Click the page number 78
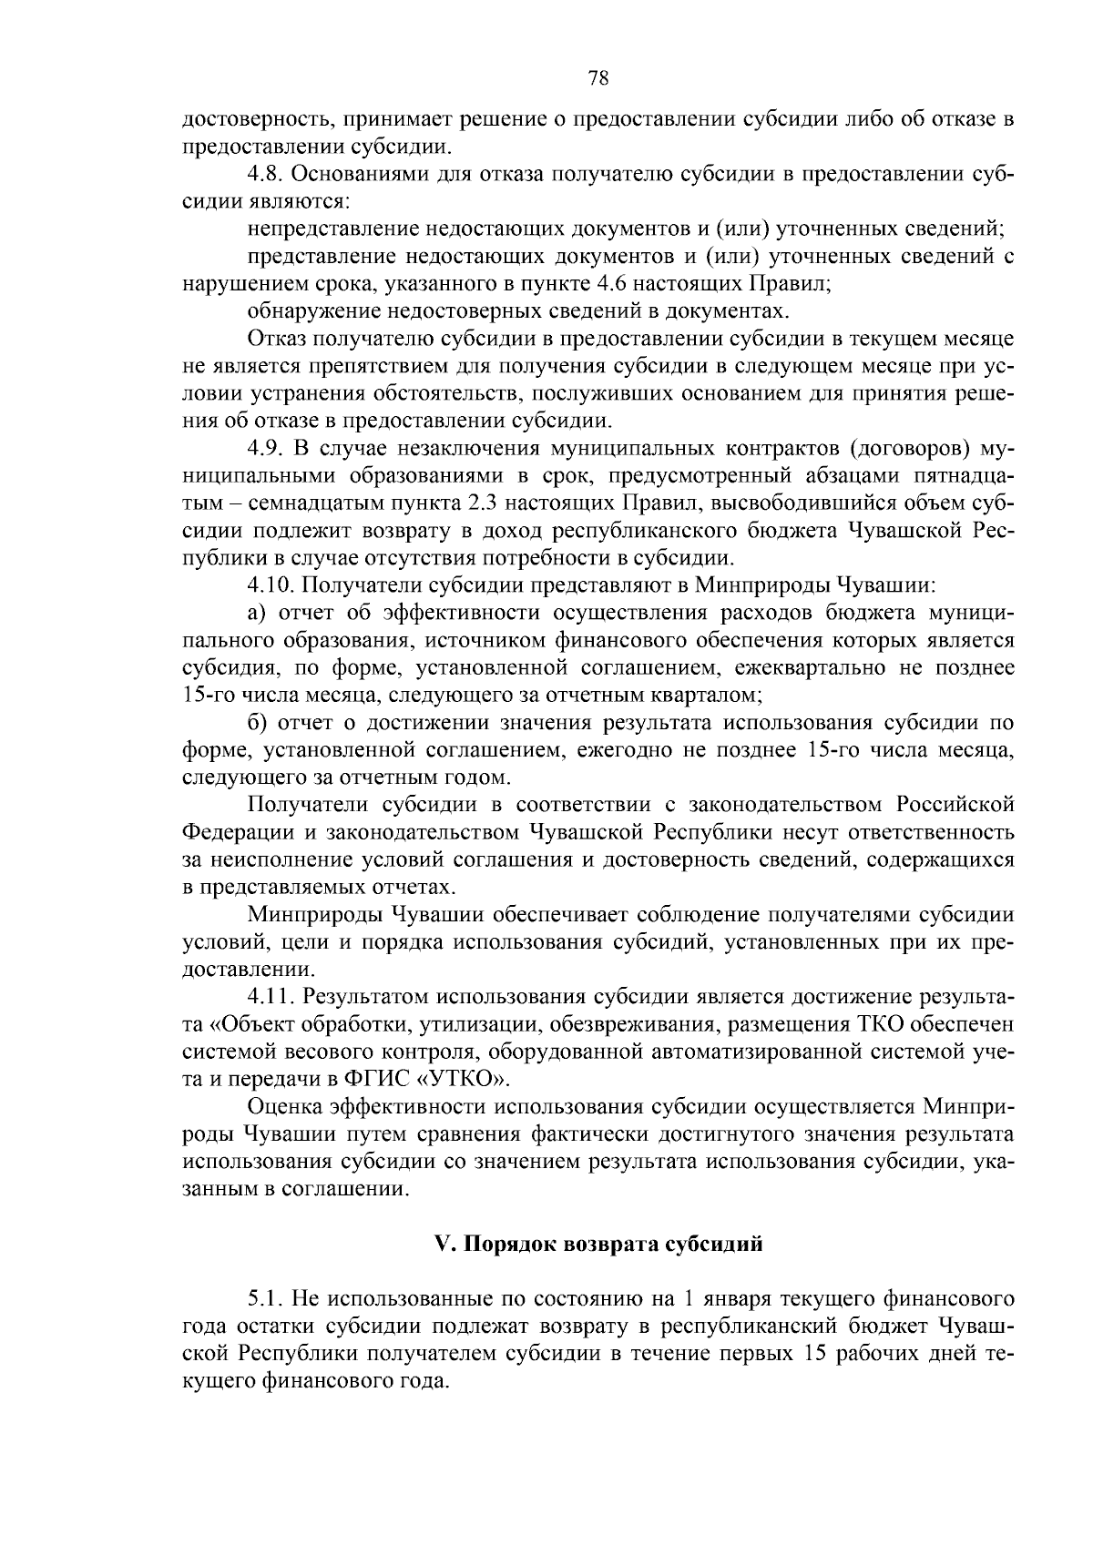[598, 79]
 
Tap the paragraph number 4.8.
[264, 174]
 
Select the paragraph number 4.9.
[264, 449]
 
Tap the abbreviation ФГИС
[379, 1079]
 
